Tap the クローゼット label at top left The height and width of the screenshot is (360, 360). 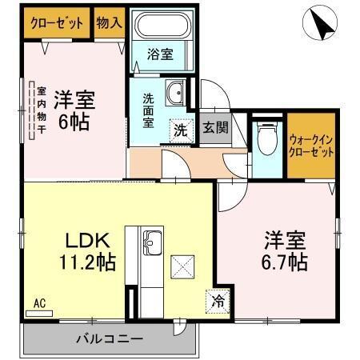click(57, 22)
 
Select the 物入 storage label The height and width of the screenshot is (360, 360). click(109, 22)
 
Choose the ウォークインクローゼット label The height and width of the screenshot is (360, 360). click(310, 144)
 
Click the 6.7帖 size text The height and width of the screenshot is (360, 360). click(286, 262)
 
